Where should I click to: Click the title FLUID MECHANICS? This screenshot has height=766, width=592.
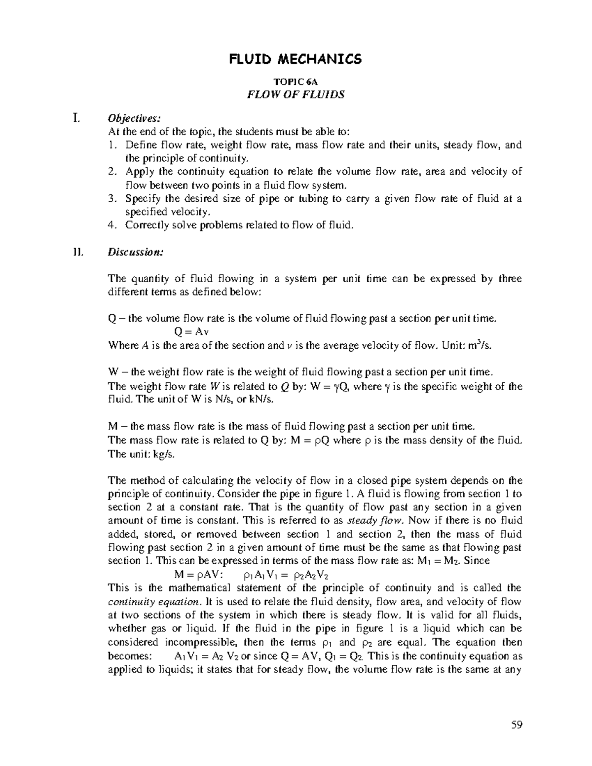click(295, 60)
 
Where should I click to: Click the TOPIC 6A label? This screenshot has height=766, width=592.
click(295, 82)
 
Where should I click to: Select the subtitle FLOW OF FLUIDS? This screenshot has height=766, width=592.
click(295, 94)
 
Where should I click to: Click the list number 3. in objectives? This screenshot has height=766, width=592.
click(112, 199)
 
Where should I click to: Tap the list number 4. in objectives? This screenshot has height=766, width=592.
click(112, 225)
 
